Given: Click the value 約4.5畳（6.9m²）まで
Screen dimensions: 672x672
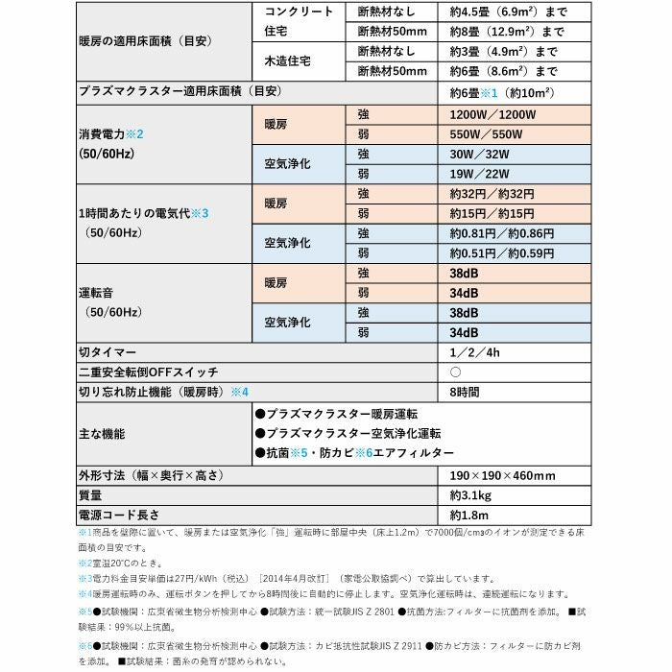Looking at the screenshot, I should pyautogui.click(x=509, y=12).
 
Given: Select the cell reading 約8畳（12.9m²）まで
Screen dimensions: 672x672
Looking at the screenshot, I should pyautogui.click(x=507, y=32).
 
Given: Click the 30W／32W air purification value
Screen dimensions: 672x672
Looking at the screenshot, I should pyautogui.click(x=477, y=154).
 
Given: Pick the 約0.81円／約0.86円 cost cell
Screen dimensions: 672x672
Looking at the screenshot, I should pyautogui.click(x=502, y=234).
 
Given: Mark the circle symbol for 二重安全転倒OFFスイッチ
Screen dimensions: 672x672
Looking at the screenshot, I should pyautogui.click(x=456, y=372).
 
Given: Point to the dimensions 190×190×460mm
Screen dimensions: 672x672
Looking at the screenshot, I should pyautogui.click(x=502, y=476).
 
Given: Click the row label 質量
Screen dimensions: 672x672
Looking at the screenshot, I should pyautogui.click(x=90, y=496).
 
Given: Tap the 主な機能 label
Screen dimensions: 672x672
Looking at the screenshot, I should pyautogui.click(x=102, y=433).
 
